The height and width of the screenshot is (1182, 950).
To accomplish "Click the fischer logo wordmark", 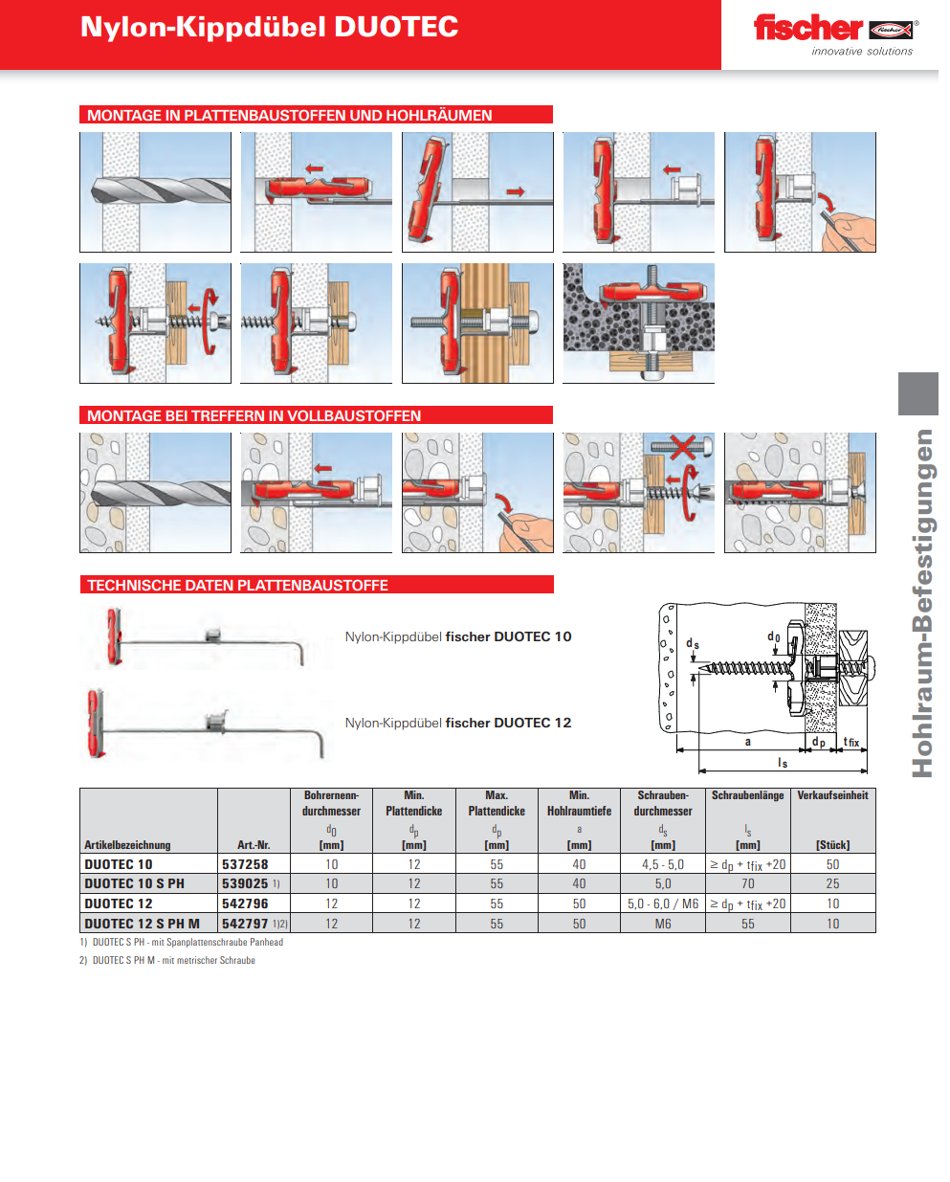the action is pos(807,28).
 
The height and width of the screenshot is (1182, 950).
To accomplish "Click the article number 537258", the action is pos(245,864).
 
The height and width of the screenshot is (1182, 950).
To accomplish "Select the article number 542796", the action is pos(245,903).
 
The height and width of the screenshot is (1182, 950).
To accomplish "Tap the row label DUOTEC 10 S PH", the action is pos(134,883).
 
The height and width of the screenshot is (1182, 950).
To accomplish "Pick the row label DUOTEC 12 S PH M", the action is pos(142,924).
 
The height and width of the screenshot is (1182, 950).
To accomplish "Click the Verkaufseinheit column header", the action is pos(832,795).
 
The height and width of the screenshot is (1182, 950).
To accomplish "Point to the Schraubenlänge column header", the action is pos(747,795).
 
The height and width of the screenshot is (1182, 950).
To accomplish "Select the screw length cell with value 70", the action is pos(747,883).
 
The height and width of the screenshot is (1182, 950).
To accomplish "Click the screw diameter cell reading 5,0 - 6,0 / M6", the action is pos(663,903).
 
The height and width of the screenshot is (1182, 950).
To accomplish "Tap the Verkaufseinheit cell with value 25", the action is pos(832,883).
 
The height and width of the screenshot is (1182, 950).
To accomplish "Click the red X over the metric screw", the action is pos(682,447).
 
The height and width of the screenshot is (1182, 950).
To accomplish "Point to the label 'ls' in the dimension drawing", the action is pos(782,763).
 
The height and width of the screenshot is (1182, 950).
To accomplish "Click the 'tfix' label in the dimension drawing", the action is pos(851,742).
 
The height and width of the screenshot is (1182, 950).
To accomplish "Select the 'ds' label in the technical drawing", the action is pos(692,643).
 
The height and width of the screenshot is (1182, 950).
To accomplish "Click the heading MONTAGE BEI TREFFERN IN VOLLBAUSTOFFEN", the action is pos(254,415).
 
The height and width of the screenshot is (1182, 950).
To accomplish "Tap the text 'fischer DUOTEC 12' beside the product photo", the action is pos(508,723).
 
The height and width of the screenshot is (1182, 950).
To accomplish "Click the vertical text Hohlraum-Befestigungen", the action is pos(921,603).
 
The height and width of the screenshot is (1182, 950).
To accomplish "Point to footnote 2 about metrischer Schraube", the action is pos(166,960).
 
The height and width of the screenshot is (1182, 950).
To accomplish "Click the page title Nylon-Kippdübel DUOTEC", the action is pos(269,28).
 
